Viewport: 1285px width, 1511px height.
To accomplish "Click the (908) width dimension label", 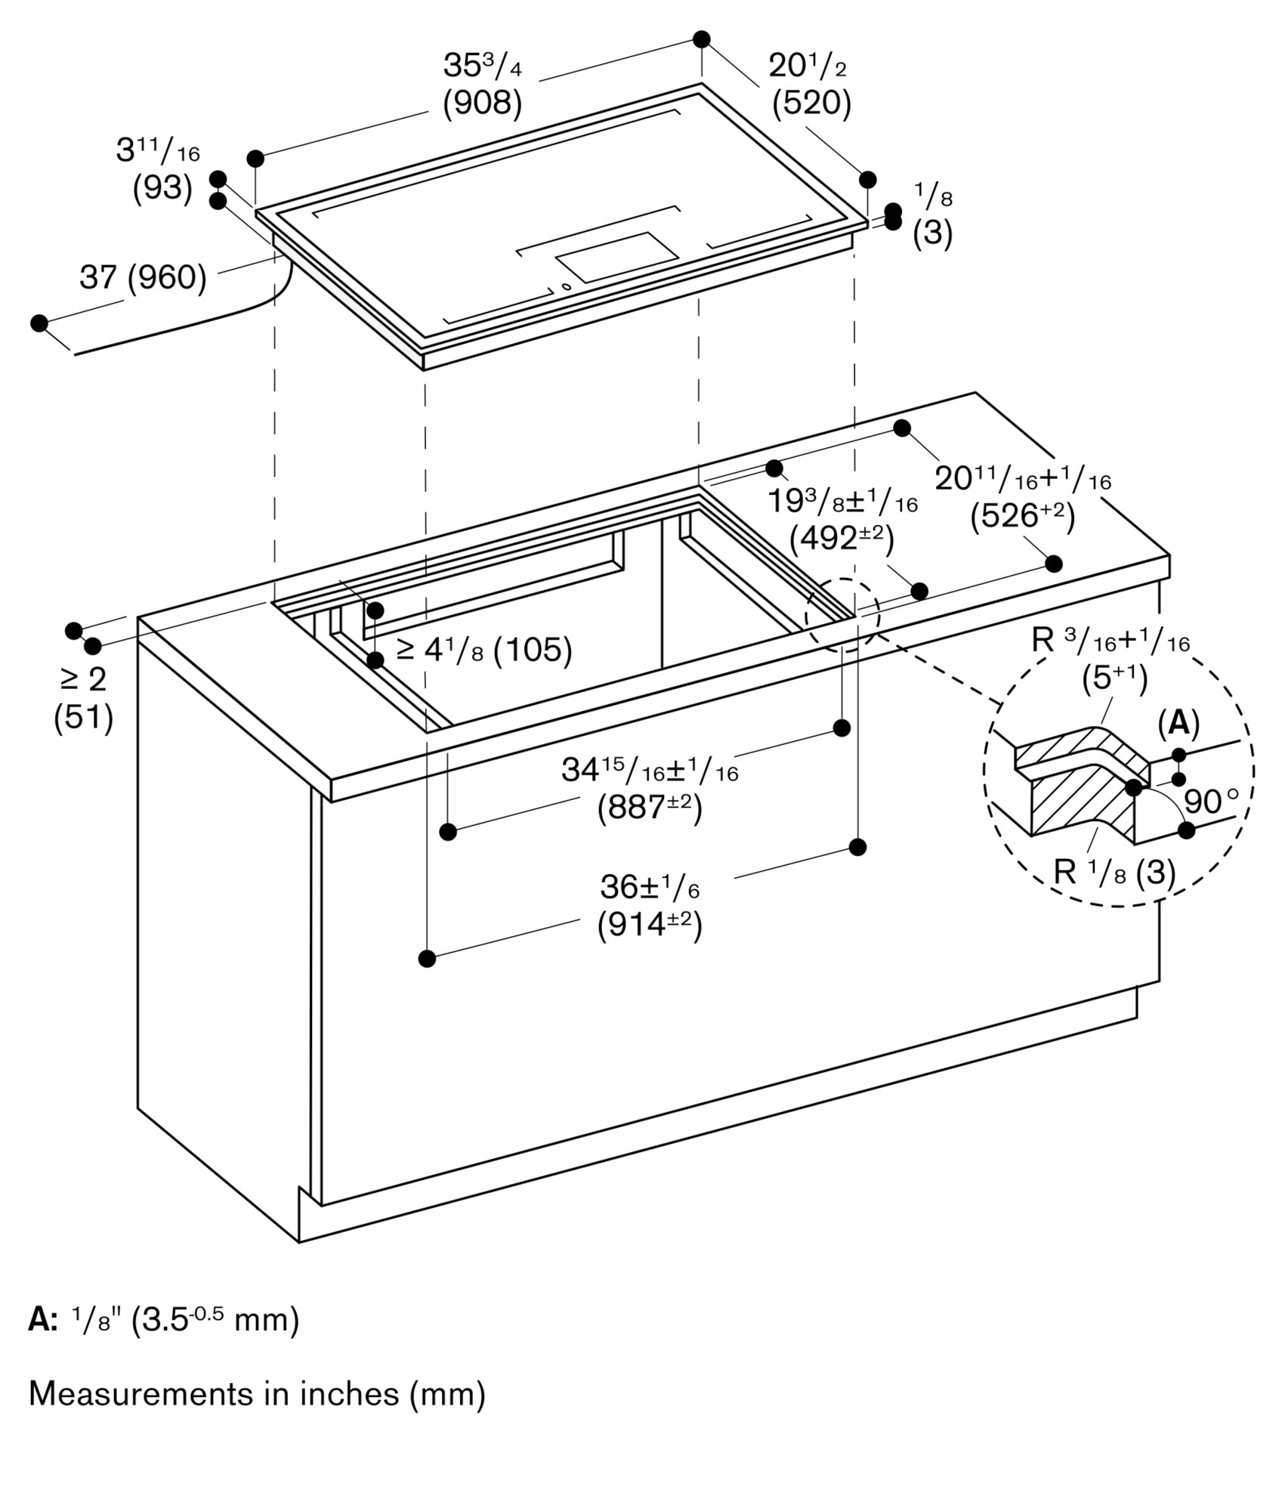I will click(482, 103).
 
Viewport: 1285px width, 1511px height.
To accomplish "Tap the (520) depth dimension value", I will click(811, 104).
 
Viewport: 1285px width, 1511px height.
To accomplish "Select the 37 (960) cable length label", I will click(144, 278).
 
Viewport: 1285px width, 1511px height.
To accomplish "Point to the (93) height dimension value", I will click(162, 188).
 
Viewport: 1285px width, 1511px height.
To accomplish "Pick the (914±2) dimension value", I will click(650, 925).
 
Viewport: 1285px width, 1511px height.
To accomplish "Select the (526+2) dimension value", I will click(1022, 515).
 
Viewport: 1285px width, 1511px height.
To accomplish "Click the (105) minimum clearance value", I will click(532, 650).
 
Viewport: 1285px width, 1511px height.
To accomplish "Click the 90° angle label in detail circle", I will click(1211, 802).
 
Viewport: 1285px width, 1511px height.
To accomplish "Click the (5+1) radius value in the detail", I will click(1113, 678).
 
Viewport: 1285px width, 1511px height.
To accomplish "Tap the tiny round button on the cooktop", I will click(566, 286).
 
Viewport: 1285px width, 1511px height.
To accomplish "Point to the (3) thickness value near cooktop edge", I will click(932, 233).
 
